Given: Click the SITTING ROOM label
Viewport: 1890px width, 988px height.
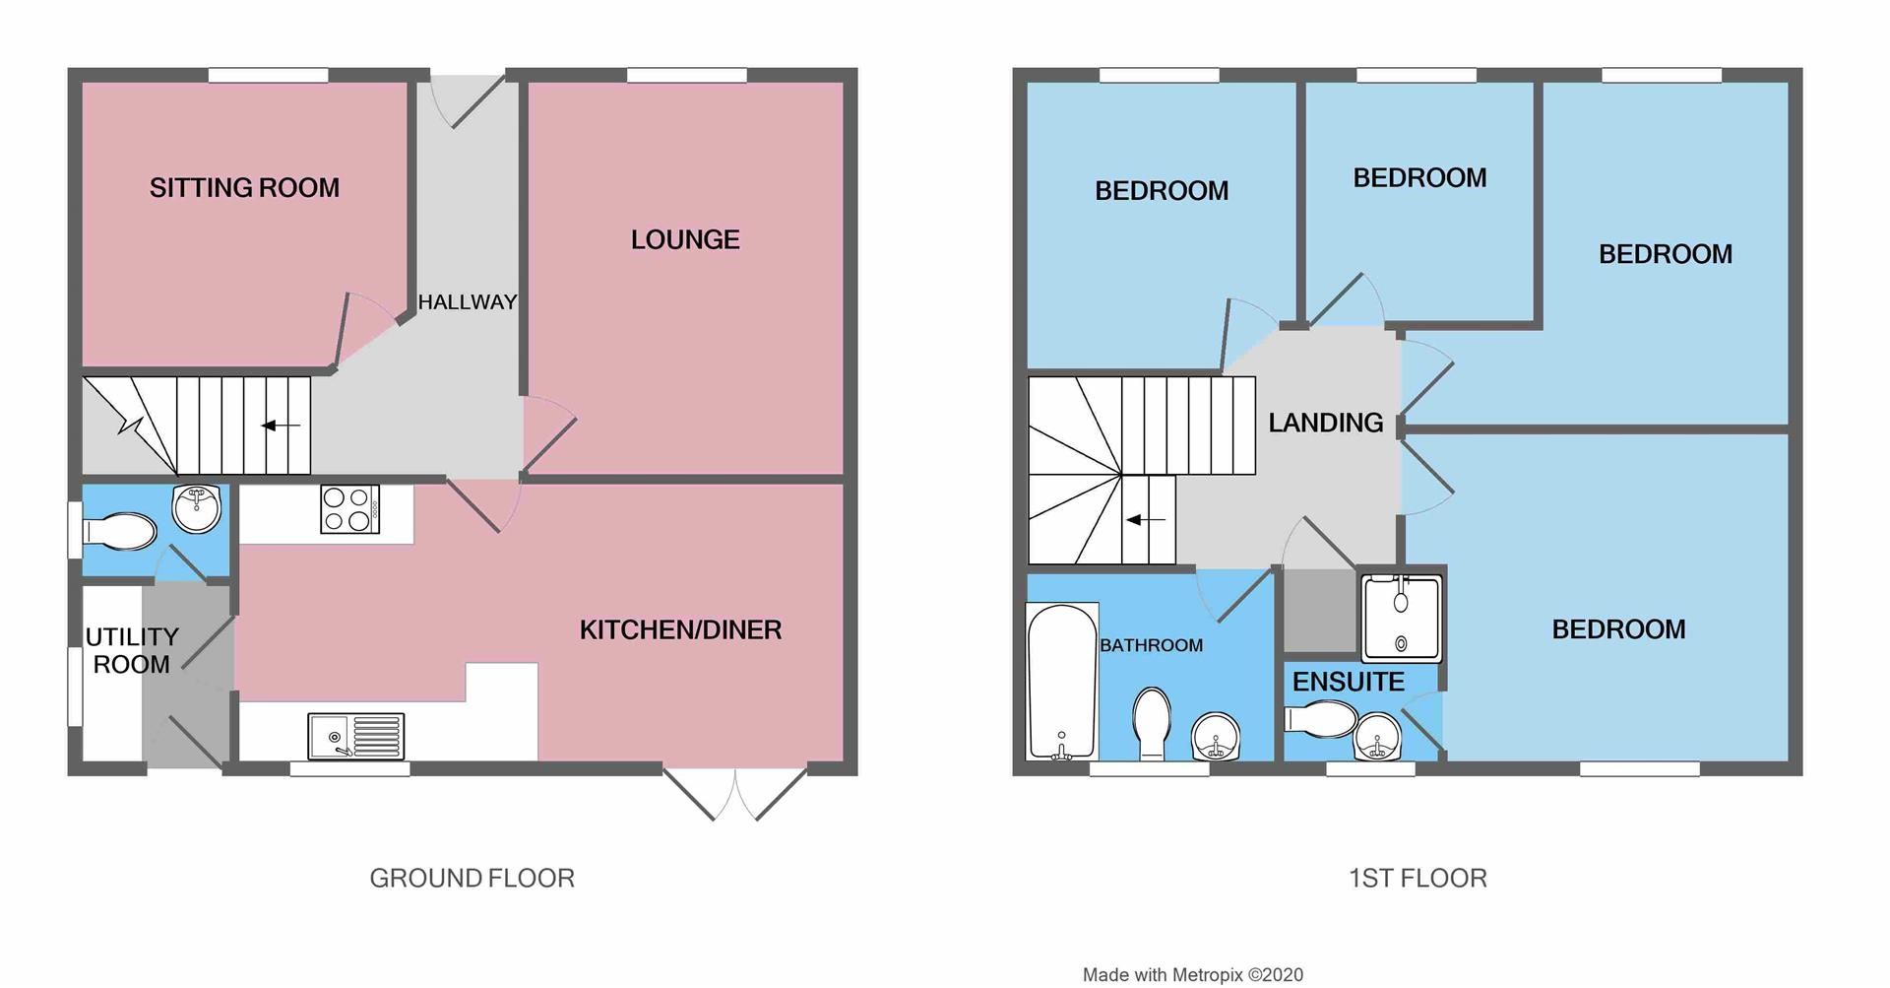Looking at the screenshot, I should [x=244, y=187].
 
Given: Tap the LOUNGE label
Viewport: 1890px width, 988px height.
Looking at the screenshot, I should [x=685, y=239].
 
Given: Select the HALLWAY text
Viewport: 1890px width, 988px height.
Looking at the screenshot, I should [x=467, y=302].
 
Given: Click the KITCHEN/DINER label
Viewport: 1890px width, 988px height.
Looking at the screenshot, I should [x=680, y=629].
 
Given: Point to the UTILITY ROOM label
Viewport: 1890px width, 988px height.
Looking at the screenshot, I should [x=132, y=650].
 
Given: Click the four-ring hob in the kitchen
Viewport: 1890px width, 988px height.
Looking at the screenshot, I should [x=349, y=510].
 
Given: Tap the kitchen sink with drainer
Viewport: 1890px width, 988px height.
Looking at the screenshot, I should [x=355, y=736].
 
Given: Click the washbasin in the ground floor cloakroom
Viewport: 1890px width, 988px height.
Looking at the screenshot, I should [x=197, y=508].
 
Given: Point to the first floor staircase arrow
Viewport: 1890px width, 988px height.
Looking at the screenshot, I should [x=1146, y=519].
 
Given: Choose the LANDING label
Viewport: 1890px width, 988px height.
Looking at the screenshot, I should [x=1325, y=423].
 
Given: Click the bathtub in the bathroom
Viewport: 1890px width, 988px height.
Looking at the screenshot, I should [x=1061, y=682].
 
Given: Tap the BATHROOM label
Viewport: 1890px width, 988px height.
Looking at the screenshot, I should [x=1151, y=645].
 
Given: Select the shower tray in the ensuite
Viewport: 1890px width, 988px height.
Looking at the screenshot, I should [x=1400, y=619].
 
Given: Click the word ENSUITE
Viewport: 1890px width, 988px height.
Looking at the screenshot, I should [x=1348, y=682].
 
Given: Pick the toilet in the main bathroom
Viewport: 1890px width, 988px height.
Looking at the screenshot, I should [x=1152, y=723].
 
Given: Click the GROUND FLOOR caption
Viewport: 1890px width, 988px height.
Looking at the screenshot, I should [x=472, y=878].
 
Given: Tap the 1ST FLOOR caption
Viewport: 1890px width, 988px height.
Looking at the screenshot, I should [x=1417, y=878].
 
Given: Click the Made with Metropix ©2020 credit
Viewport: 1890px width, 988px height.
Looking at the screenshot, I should [x=1192, y=975].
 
